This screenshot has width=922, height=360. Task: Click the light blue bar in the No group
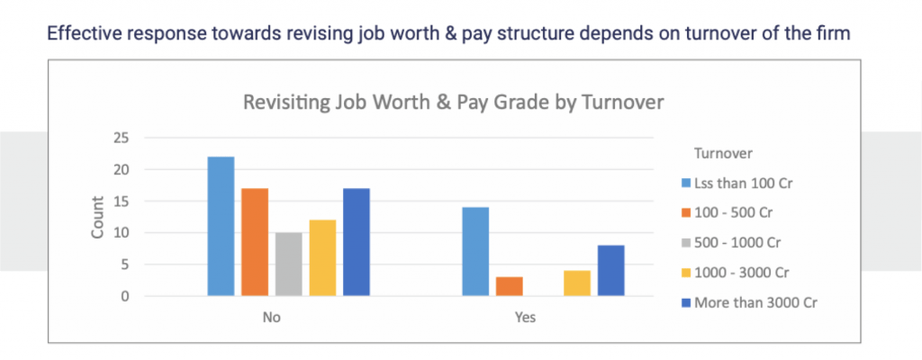(221, 227)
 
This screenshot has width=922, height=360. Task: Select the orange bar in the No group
(255, 242)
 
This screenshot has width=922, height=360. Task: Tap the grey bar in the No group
(289, 265)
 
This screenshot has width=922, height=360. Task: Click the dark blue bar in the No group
(356, 242)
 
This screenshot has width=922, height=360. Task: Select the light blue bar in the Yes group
(475, 252)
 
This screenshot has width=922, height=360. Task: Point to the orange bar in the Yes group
(509, 286)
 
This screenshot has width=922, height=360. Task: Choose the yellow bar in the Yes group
(576, 283)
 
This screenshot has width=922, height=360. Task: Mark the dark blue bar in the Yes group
(610, 271)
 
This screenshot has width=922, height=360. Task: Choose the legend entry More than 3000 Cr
(755, 302)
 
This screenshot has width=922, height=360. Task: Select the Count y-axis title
(98, 218)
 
